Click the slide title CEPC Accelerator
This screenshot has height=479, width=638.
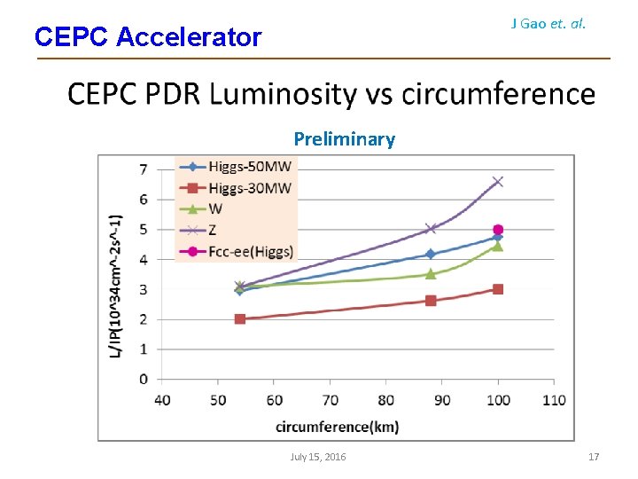148,37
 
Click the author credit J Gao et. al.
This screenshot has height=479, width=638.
549,24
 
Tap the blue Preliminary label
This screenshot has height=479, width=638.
344,139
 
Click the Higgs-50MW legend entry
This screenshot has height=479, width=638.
249,167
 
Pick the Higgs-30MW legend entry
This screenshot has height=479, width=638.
249,187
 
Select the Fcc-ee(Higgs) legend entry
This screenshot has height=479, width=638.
251,250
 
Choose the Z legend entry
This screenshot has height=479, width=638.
214,230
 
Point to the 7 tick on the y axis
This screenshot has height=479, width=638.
144,169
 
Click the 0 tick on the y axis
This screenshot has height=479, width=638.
144,379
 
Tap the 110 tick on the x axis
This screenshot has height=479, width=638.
553,400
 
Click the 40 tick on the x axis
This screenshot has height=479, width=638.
162,400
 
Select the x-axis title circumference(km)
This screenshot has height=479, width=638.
337,427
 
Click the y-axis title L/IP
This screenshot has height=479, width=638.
115,287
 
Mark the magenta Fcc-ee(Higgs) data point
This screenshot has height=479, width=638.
498,230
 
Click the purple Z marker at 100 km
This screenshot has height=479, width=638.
498,182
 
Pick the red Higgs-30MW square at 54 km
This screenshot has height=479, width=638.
240,318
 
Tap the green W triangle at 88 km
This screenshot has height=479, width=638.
431,274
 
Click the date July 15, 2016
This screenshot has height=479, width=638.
318,457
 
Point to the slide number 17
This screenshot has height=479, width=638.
594,457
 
